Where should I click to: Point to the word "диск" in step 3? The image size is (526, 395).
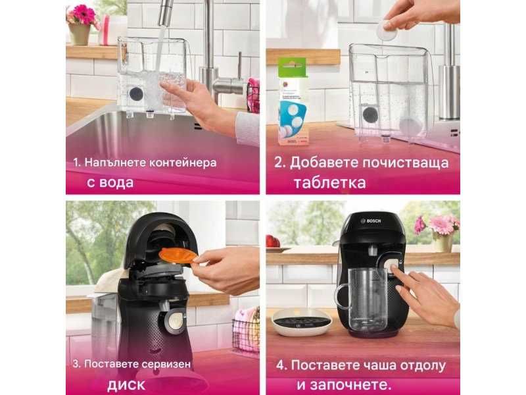point(126,384)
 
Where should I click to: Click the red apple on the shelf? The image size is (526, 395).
point(273,241)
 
